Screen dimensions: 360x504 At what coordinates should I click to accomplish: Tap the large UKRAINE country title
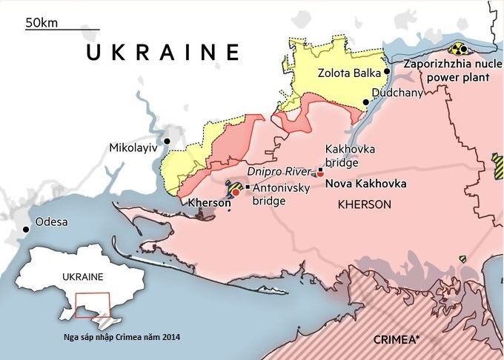162,53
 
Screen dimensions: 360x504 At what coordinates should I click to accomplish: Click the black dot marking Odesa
27,230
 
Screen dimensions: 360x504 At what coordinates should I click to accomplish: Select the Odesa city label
51,222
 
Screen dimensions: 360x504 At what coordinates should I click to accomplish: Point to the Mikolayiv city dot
168,141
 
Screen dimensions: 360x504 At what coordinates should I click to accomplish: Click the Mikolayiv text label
133,147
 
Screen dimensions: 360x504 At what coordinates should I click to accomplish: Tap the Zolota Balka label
348,73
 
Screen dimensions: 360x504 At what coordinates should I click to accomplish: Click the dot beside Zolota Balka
386,72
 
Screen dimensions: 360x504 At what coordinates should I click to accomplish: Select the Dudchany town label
397,93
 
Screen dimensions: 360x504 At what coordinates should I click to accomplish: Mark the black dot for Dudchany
365,102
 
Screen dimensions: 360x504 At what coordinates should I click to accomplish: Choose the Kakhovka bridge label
350,156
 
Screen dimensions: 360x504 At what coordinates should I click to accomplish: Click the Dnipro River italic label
279,172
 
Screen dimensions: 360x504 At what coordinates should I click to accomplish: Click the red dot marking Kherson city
236,191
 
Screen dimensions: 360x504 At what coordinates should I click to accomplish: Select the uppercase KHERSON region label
364,204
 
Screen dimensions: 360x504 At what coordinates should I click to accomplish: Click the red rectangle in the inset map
93,305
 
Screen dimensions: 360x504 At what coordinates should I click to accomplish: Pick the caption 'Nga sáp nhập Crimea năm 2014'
122,336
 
